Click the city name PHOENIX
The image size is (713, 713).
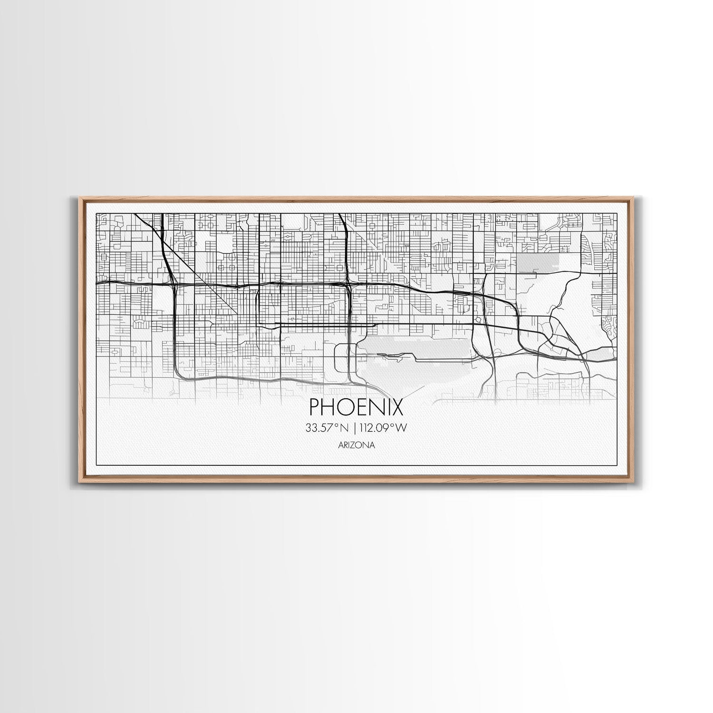click(356, 407)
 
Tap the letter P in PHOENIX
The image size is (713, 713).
click(315, 407)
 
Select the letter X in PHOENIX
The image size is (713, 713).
click(396, 407)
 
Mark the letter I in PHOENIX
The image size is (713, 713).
click(386, 407)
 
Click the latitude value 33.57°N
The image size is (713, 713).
click(327, 428)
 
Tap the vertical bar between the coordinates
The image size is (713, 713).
click(353, 428)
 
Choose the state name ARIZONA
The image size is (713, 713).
click(356, 445)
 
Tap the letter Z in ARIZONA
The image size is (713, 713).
click(356, 445)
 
